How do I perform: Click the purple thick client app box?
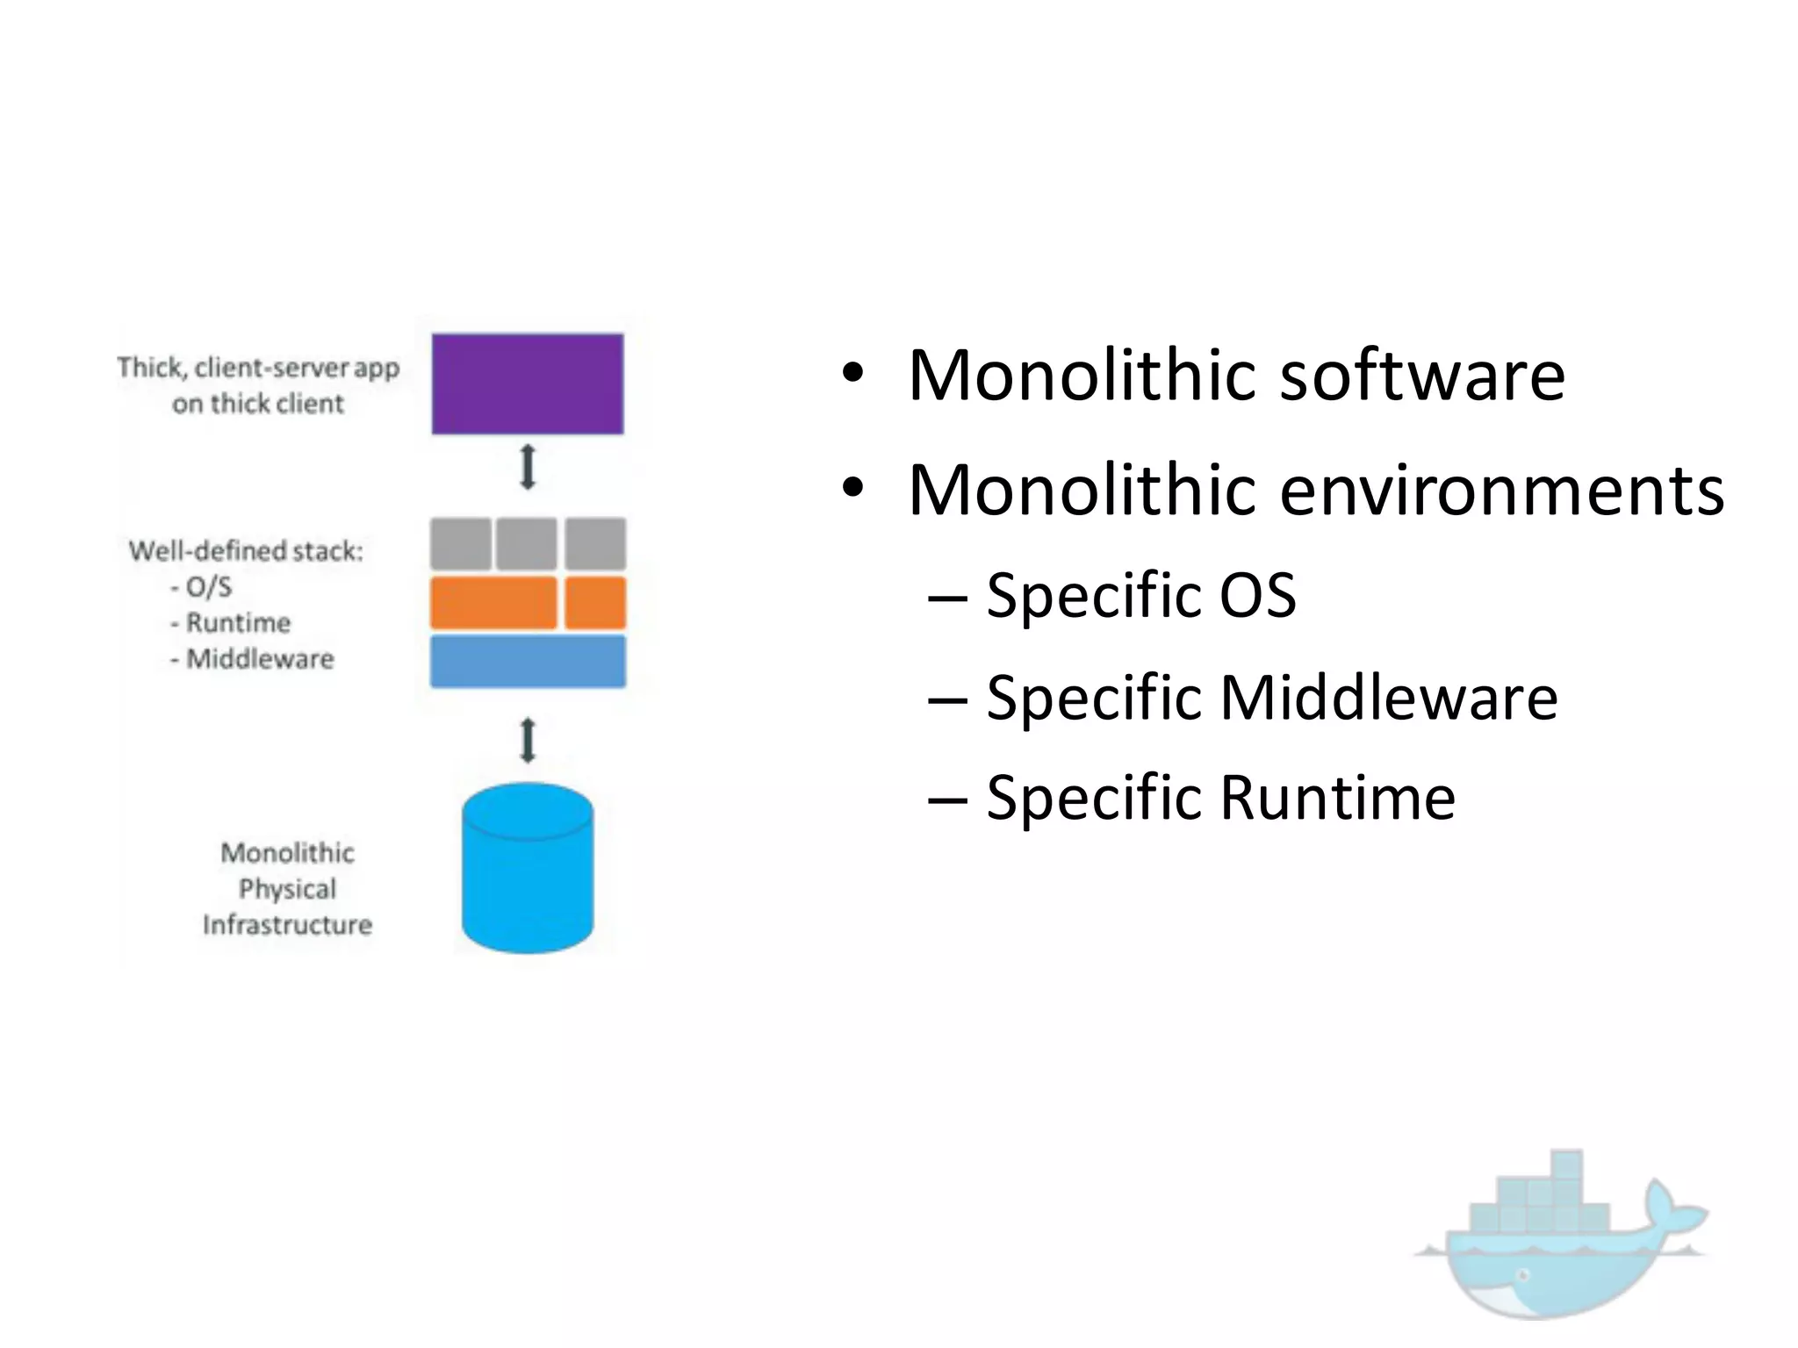pyautogui.click(x=528, y=384)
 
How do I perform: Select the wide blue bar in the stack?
pyautogui.click(x=528, y=661)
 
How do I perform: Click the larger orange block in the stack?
pyautogui.click(x=493, y=603)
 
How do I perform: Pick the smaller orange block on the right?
pyautogui.click(x=595, y=603)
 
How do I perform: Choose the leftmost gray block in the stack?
pyautogui.click(x=461, y=544)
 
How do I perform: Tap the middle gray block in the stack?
pyautogui.click(x=527, y=544)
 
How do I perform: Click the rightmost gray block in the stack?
pyautogui.click(x=595, y=544)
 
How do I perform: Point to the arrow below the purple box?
pyautogui.click(x=528, y=467)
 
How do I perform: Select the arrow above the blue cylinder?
pyautogui.click(x=528, y=740)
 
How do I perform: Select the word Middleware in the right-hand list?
pyautogui.click(x=1389, y=698)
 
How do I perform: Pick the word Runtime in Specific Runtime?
pyautogui.click(x=1338, y=798)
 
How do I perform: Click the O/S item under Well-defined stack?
pyautogui.click(x=208, y=586)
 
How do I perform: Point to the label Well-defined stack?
pyautogui.click(x=246, y=551)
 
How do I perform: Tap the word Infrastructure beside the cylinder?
pyautogui.click(x=287, y=925)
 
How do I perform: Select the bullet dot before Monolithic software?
pyautogui.click(x=852, y=376)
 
